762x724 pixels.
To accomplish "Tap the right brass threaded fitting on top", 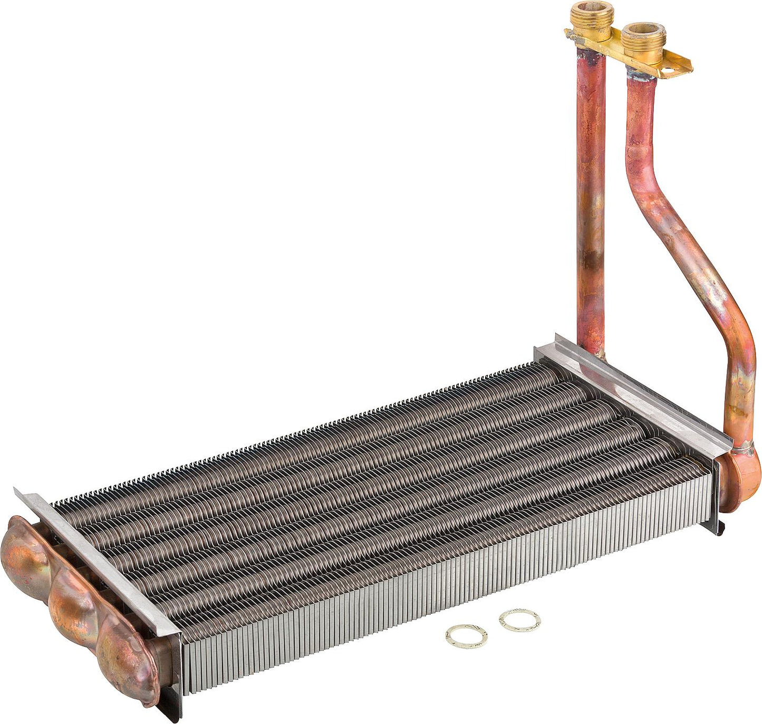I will pyautogui.click(x=642, y=42).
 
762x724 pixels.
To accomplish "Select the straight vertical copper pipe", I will pyautogui.click(x=591, y=211).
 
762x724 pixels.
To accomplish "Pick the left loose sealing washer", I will pyautogui.click(x=466, y=636).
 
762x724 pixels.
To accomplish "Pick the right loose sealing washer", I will pyautogui.click(x=520, y=620).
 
